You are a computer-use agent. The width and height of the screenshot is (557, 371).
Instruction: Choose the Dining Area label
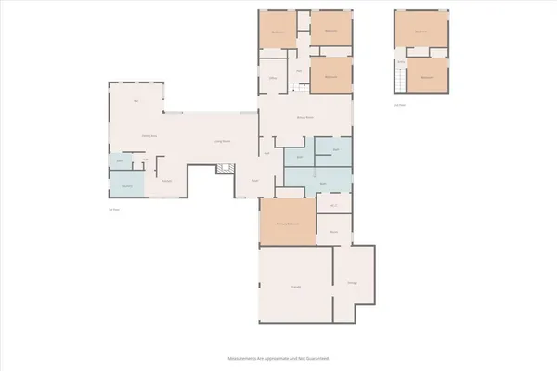147,135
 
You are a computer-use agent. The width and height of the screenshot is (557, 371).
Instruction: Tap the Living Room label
223,141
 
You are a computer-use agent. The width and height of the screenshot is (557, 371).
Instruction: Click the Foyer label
255,181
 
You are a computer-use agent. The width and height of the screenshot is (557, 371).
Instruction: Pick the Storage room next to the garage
352,282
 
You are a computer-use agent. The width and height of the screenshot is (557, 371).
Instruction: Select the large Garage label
296,287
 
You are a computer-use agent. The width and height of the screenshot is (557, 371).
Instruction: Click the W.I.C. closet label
333,206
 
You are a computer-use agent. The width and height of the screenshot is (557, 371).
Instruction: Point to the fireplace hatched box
223,168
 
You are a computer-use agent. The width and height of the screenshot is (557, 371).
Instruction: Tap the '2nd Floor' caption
399,105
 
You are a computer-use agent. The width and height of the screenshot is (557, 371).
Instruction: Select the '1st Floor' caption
110,211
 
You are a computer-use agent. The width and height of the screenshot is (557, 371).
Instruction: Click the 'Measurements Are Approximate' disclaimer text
278,357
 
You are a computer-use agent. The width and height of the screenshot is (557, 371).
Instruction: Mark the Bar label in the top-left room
136,100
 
